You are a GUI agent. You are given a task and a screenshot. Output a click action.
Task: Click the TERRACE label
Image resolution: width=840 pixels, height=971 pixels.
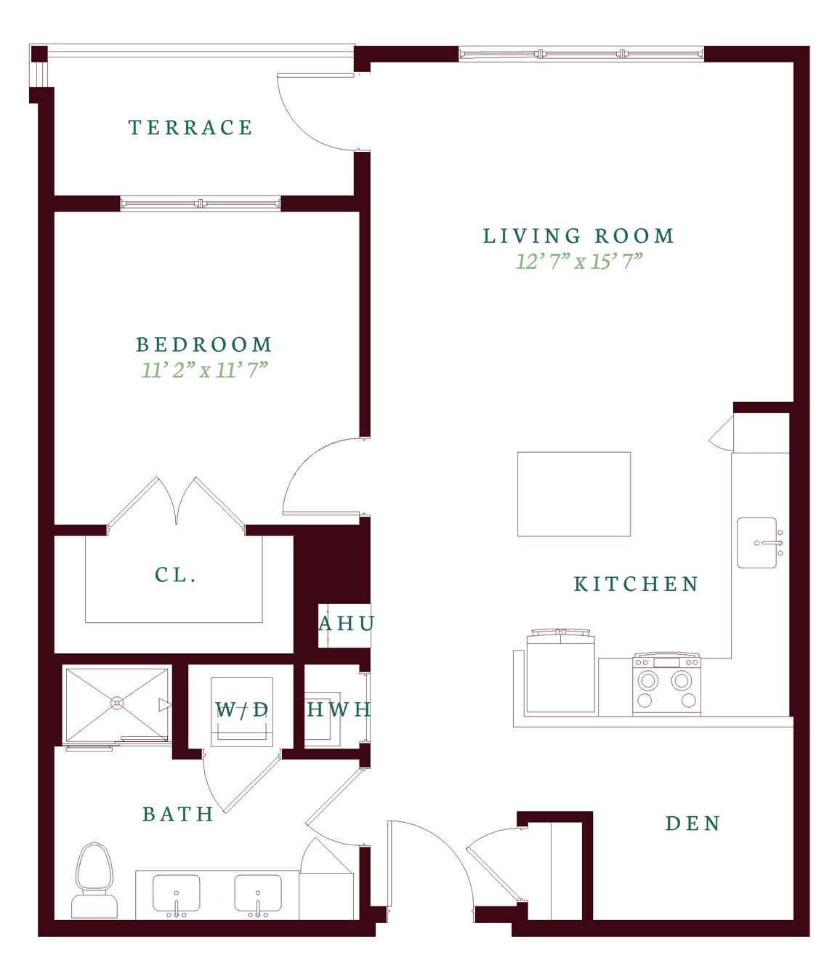(x=190, y=127)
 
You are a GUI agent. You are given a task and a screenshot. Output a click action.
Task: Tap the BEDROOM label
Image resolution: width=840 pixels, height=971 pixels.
(x=204, y=345)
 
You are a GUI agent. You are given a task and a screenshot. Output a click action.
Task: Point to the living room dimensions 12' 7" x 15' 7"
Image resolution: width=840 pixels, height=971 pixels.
(x=579, y=261)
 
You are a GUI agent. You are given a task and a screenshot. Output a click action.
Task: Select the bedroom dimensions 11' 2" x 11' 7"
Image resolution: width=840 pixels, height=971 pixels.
(x=204, y=370)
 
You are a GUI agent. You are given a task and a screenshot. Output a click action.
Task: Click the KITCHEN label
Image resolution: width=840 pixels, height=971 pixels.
(x=636, y=584)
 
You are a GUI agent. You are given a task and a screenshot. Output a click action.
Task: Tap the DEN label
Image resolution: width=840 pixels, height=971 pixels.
(x=693, y=823)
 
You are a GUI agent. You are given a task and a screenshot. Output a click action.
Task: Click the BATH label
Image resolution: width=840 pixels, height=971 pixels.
(x=178, y=814)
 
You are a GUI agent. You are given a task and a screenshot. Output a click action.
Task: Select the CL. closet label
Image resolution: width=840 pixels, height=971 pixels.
(x=175, y=574)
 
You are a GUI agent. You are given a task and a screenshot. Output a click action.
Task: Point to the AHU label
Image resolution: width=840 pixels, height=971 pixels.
(x=347, y=624)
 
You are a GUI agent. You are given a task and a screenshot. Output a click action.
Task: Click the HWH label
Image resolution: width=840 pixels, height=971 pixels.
(x=339, y=709)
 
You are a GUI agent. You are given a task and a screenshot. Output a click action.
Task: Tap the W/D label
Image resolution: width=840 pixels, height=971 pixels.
(x=242, y=709)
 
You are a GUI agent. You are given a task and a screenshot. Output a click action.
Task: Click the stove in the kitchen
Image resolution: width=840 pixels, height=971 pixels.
(x=666, y=684)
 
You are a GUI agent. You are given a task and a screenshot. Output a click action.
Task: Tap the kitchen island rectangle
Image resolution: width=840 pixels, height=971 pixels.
(x=573, y=494)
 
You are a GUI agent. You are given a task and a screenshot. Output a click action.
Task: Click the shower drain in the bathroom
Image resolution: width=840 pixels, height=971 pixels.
(x=116, y=704)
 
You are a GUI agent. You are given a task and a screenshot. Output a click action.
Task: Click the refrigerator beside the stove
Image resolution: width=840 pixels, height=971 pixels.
(x=560, y=673)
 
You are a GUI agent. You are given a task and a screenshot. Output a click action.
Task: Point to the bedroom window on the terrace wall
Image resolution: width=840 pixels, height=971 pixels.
(x=200, y=204)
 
